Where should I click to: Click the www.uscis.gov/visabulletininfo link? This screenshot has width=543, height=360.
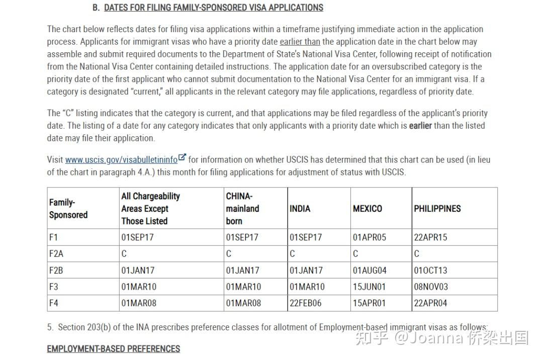pos(121,160)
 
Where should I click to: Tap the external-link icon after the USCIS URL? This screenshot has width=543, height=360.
pos(182,158)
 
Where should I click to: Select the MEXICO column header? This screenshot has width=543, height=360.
pos(368,209)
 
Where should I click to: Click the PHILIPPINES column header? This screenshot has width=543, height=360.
pos(437,209)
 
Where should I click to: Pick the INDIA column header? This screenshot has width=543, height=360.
pos(300,209)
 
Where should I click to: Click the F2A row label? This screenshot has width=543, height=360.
pos(56,254)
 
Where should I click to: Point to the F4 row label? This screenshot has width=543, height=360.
pos(54,303)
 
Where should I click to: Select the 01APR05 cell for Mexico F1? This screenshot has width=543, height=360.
pos(370,237)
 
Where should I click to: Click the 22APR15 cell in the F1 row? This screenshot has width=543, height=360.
pos(430,237)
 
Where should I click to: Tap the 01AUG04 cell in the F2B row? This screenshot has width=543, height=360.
pos(370,271)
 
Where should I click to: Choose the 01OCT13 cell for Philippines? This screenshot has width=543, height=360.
pos(430,271)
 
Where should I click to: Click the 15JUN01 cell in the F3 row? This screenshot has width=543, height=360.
pos(369,287)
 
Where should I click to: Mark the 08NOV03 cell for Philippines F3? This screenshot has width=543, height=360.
pos(431,287)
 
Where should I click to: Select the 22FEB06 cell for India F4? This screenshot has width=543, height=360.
pos(305,303)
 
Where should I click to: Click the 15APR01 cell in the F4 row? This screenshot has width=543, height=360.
pos(369,303)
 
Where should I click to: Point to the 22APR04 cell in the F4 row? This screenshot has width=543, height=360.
pos(430,303)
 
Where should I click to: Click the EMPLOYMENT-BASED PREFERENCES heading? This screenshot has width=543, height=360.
pos(114,349)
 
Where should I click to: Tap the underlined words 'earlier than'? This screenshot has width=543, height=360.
pos(300,42)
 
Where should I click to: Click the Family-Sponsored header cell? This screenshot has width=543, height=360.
pos(68,209)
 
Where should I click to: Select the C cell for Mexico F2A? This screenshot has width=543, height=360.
pos(355,254)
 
